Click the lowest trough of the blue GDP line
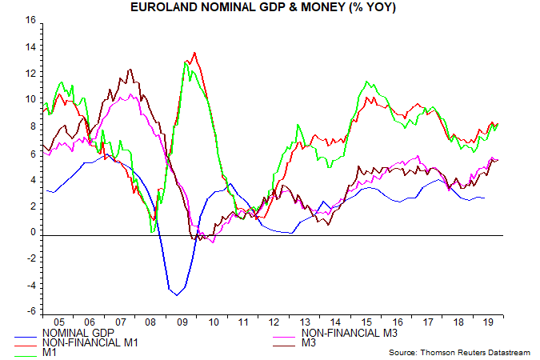coord(177,295)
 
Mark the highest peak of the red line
coord(194,53)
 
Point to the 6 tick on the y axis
coord(30,153)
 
